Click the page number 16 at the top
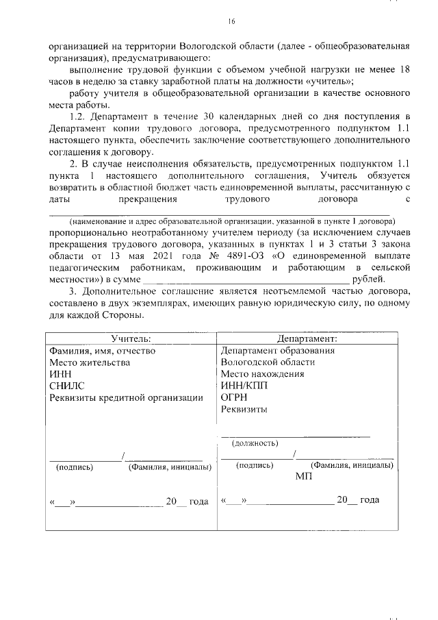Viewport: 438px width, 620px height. pos(231,22)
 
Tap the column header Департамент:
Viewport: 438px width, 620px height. pos(307,338)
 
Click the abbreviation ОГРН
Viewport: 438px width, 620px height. pos(235,397)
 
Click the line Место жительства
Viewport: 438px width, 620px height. pos(90,362)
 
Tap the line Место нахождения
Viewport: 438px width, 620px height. pos(263,374)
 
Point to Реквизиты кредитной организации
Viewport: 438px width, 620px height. pos(127,397)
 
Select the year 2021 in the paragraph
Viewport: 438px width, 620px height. pos(142,255)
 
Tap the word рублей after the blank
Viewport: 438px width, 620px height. pos(368,279)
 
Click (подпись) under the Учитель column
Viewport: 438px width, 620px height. pos(74,467)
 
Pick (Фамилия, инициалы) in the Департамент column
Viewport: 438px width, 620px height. pos(352,465)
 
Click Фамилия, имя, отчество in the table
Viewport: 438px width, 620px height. pos(103,351)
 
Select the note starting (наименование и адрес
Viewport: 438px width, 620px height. pos(231,221)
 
